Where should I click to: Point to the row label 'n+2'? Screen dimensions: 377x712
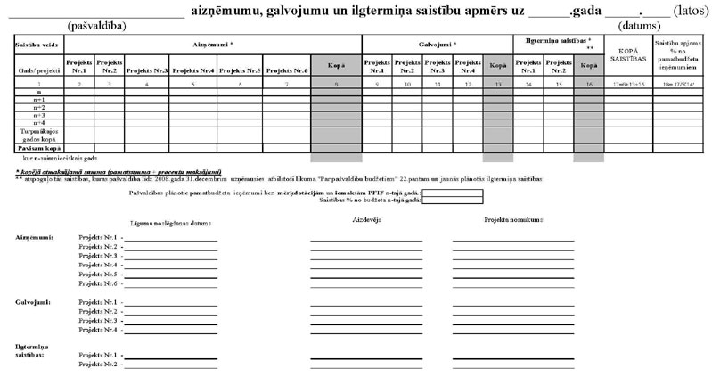pyautogui.click(x=38, y=107)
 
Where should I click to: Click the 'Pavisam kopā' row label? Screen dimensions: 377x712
pyautogui.click(x=38, y=147)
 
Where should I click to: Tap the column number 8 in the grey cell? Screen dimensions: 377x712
pyautogui.click(x=336, y=83)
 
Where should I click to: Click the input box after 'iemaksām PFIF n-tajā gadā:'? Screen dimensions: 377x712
pyautogui.click(x=452, y=192)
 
